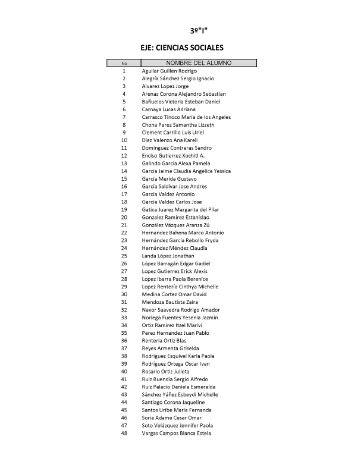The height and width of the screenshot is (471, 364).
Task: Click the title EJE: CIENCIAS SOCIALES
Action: [x=181, y=48]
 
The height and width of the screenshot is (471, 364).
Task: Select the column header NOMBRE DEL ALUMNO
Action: [x=199, y=63]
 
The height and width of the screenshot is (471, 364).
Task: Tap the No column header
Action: [x=124, y=63]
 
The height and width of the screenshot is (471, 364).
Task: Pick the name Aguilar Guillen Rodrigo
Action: [x=170, y=71]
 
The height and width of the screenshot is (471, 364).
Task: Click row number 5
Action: [x=124, y=102]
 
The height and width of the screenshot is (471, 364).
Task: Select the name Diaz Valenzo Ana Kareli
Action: [x=170, y=140]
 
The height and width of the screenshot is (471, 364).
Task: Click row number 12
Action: [x=124, y=156]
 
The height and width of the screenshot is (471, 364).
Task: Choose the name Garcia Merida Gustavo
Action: [x=170, y=179]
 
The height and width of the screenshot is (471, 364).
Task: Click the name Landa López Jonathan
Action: [x=168, y=256]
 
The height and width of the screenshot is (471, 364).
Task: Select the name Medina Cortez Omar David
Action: [x=174, y=294]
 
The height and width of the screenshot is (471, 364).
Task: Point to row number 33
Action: [x=124, y=318]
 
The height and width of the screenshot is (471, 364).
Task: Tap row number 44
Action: [x=124, y=403]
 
